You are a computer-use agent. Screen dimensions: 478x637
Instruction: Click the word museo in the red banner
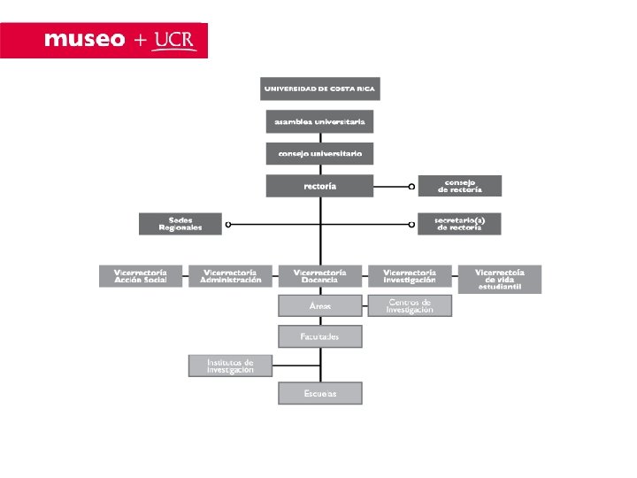84,40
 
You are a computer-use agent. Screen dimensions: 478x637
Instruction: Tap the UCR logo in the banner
174,39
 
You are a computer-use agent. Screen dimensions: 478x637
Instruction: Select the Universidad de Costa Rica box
319,89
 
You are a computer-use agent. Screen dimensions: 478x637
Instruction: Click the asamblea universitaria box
319,121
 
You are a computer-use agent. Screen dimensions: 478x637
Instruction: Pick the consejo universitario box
319,153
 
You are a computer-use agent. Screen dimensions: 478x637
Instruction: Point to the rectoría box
319,186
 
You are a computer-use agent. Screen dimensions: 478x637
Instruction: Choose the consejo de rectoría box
459,186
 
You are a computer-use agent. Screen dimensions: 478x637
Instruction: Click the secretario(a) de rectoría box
459,224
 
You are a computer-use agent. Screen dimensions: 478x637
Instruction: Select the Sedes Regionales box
180,224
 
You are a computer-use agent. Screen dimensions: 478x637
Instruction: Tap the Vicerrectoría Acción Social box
141,276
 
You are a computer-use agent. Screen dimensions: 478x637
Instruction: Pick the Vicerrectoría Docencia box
319,276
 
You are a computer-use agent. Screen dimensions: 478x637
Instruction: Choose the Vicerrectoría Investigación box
410,276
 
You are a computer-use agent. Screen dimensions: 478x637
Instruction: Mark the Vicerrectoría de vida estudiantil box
499,279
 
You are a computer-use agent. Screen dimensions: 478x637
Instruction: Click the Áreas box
319,305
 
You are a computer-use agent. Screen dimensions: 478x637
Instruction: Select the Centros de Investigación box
410,305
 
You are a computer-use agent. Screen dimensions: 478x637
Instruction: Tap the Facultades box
319,336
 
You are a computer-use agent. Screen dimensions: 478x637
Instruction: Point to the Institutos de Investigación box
230,366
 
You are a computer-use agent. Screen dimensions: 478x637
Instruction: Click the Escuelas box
319,394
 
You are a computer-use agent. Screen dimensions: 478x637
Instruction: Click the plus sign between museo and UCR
141,41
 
